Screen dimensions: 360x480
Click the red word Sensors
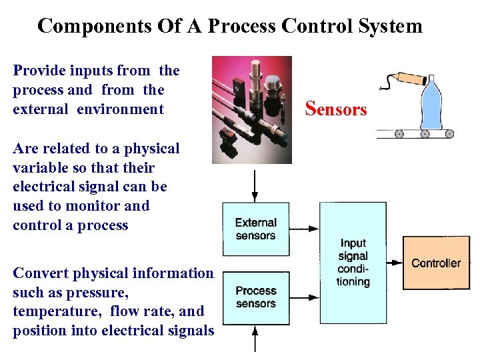pyautogui.click(x=335, y=108)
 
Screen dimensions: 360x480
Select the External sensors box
pyautogui.click(x=255, y=229)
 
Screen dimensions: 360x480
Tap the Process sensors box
pyautogui.click(x=255, y=297)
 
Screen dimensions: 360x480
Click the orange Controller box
pyautogui.click(x=436, y=263)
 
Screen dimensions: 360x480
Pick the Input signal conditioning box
pyautogui.click(x=353, y=263)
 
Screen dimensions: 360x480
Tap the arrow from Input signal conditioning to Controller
pyautogui.click(x=394, y=263)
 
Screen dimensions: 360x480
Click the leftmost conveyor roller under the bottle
pyautogui.click(x=399, y=133)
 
